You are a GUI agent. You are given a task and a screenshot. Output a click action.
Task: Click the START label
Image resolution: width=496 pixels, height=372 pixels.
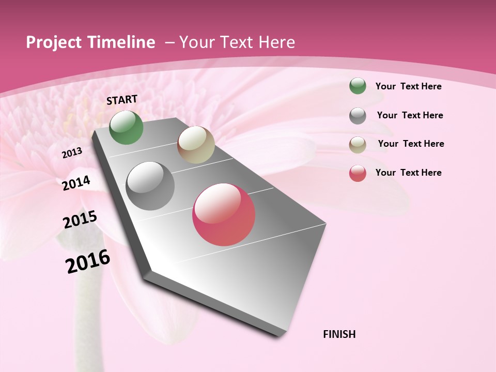tap(122, 100)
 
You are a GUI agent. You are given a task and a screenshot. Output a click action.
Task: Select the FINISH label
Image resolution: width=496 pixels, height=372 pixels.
tap(339, 334)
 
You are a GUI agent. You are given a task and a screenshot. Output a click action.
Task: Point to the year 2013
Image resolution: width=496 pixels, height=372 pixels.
tap(72, 153)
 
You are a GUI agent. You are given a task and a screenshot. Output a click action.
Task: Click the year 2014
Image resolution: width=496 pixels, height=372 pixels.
tap(76, 183)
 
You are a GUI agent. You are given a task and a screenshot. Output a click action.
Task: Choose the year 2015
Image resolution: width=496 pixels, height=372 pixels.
tap(80, 220)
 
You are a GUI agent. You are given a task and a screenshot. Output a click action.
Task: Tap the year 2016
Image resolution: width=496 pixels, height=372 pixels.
tap(88, 261)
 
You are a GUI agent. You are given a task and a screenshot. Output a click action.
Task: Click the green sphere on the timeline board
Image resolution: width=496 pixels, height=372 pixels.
tap(126, 127)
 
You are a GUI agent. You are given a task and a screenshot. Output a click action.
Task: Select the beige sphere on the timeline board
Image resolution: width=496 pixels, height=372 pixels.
tap(196, 145)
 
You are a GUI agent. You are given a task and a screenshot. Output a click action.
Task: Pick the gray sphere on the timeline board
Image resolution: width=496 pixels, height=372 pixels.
tap(150, 186)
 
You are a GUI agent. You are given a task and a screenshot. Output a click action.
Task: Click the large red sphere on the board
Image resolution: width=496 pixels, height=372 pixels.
tap(224, 214)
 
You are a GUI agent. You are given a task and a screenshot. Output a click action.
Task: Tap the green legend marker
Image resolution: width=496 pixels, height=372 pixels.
tap(358, 86)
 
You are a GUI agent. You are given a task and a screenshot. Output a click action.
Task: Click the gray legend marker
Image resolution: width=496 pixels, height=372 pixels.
tap(358, 116)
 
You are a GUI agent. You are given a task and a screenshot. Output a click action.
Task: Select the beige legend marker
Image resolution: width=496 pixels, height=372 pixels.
tap(358, 145)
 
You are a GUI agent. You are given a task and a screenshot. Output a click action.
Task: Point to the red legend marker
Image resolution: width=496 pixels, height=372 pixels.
tap(358, 173)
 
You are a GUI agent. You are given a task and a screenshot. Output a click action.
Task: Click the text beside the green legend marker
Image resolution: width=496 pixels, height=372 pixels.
tap(408, 86)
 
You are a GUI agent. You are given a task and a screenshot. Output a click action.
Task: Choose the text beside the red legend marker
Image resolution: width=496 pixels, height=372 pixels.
tap(408, 173)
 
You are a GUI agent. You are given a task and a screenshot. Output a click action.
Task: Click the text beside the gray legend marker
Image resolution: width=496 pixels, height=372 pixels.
tap(410, 115)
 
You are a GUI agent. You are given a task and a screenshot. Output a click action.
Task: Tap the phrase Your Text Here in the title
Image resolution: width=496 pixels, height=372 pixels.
tap(237, 42)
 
